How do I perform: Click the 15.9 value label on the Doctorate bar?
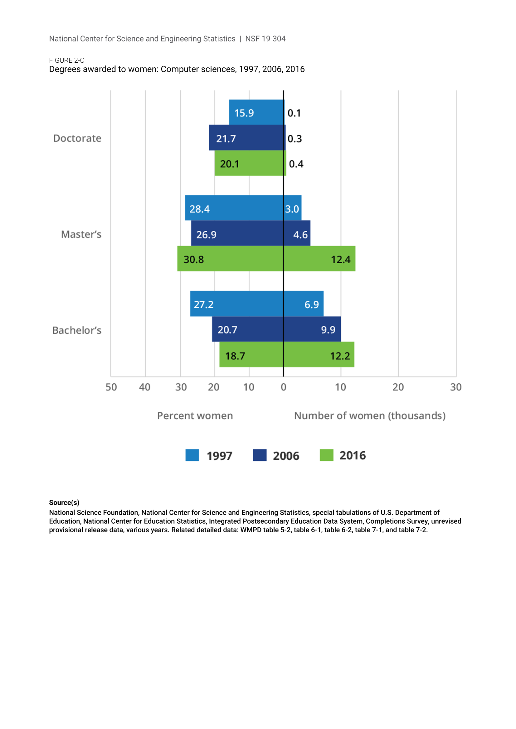tap(244, 113)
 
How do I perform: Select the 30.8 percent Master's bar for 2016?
tap(230, 259)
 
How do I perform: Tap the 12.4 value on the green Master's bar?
tap(341, 260)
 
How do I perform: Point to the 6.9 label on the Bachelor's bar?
tap(311, 305)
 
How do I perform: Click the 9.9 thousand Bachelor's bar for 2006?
tap(312, 329)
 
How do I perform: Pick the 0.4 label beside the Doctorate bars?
tap(296, 164)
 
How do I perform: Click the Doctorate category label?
tap(77, 138)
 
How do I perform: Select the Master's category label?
tap(81, 234)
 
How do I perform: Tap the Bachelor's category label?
tap(77, 330)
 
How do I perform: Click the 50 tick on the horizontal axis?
tap(111, 387)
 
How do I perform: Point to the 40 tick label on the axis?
tap(144, 387)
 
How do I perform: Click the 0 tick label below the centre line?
tap(284, 387)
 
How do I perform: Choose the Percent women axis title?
tap(195, 416)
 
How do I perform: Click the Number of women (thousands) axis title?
tap(370, 416)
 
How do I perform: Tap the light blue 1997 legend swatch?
tap(192, 455)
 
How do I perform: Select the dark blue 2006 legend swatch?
tap(260, 455)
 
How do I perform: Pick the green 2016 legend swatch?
tap(327, 455)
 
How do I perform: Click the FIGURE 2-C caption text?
tap(67, 60)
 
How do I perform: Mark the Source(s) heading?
tap(64, 503)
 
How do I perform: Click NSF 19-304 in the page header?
tap(265, 39)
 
